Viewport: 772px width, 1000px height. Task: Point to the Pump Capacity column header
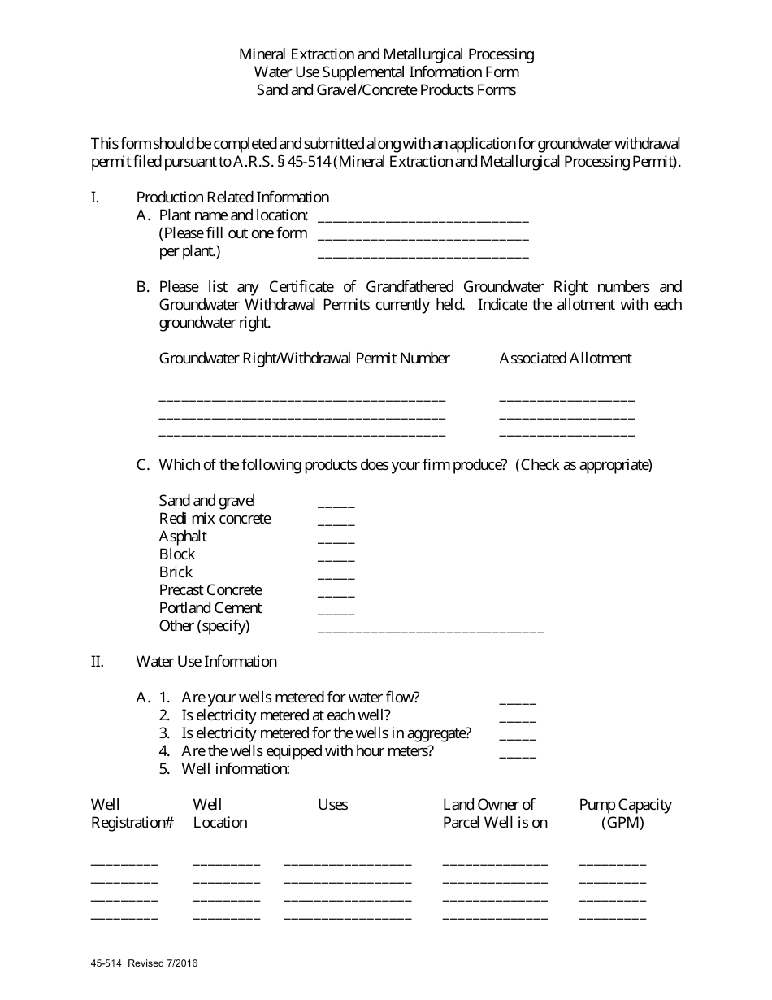pos(624,813)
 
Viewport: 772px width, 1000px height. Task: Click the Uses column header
pos(332,804)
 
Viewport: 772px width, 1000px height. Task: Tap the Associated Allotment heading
pos(565,358)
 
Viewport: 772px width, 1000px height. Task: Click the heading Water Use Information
pos(206,661)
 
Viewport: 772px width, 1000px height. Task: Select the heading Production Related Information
pos(232,197)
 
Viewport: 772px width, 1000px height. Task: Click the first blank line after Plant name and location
pos(423,218)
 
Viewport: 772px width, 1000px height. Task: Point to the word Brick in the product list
pos(176,572)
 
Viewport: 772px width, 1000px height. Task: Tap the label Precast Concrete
pos(210,589)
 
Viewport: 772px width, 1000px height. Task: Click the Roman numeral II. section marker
pos(97,661)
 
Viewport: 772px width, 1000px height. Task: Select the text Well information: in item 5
pos(235,768)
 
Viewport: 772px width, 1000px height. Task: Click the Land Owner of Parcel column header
pos(495,813)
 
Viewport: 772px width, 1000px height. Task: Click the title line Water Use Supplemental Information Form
pos(386,72)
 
